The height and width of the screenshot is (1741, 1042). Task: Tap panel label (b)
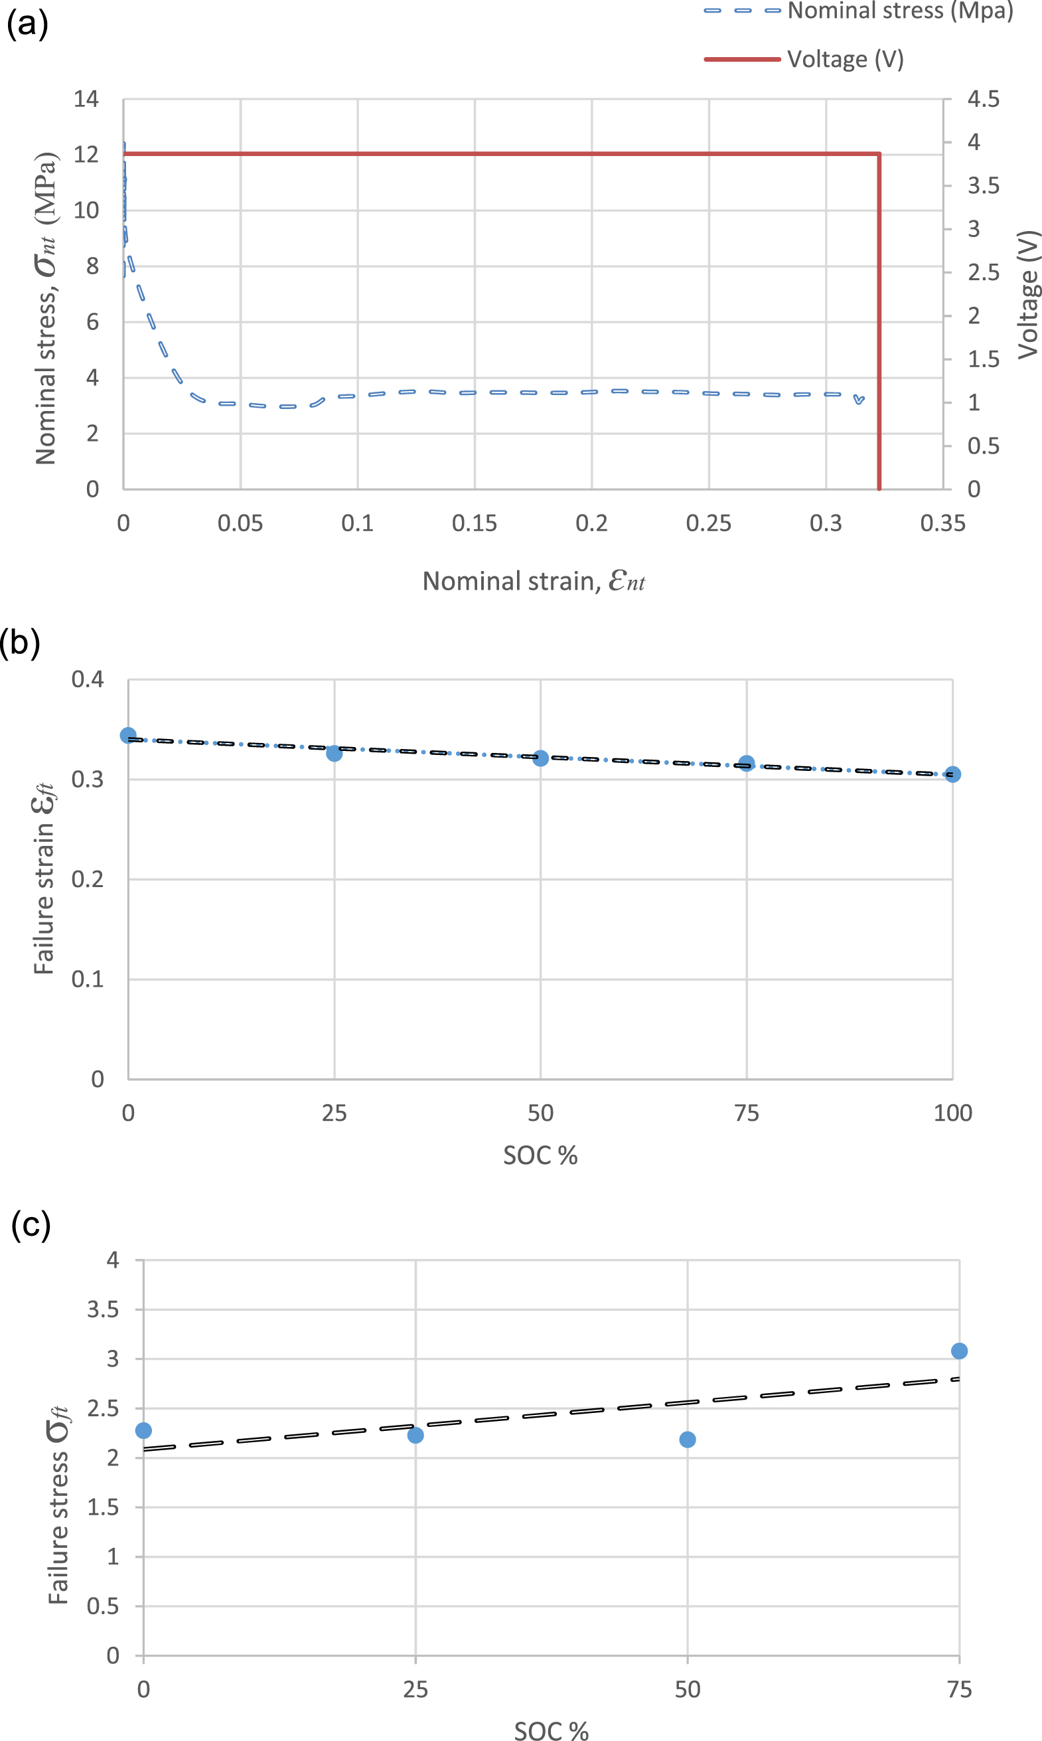tap(21, 642)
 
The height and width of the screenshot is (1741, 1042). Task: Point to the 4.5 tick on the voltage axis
tap(983, 99)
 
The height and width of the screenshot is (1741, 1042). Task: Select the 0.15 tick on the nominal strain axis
tap(474, 523)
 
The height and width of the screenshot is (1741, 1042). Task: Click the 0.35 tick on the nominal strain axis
tap(942, 523)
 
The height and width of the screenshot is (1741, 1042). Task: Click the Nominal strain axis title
tap(533, 582)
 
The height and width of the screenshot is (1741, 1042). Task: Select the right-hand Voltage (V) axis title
tap(1028, 294)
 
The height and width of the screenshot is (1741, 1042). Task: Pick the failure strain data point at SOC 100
tap(952, 774)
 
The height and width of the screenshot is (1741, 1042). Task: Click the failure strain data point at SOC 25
tap(335, 753)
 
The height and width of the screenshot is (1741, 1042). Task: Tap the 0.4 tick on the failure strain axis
tap(87, 679)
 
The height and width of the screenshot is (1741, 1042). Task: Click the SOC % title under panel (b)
tap(540, 1155)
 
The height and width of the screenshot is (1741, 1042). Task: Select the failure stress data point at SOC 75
tap(958, 1351)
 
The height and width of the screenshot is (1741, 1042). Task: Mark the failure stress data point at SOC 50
tap(688, 1439)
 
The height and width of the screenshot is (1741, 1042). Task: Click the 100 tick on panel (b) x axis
tap(952, 1113)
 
